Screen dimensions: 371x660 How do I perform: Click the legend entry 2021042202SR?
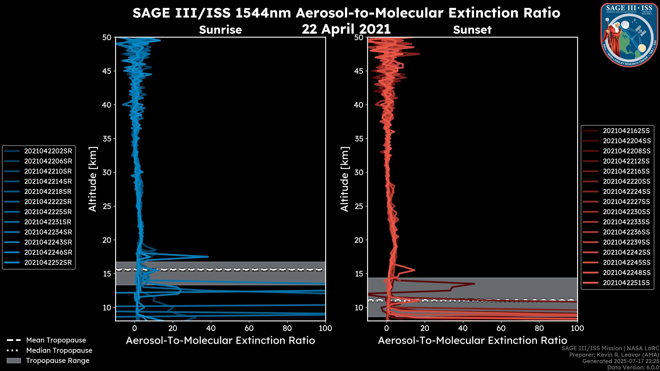[x=48, y=151]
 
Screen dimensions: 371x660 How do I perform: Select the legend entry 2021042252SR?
[x=48, y=262]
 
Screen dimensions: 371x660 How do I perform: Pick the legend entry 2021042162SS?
[x=626, y=131]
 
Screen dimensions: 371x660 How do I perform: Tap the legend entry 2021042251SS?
[x=626, y=283]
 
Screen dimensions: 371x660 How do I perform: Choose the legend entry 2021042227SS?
[x=626, y=202]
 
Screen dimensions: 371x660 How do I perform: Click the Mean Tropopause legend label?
[x=56, y=340]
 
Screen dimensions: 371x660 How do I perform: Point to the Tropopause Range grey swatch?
[x=14, y=361]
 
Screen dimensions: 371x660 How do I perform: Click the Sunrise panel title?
[x=220, y=30]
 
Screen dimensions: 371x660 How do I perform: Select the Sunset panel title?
[x=472, y=30]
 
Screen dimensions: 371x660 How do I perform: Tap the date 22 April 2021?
[x=346, y=29]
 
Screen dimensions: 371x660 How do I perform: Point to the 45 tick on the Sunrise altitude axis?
[x=107, y=71]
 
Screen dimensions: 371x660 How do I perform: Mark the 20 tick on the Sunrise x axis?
[x=173, y=328]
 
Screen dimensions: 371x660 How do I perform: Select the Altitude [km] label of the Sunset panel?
[x=345, y=179]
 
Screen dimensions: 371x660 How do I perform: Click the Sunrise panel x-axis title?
[x=220, y=341]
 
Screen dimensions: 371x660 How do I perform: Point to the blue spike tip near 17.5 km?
[x=208, y=257]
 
